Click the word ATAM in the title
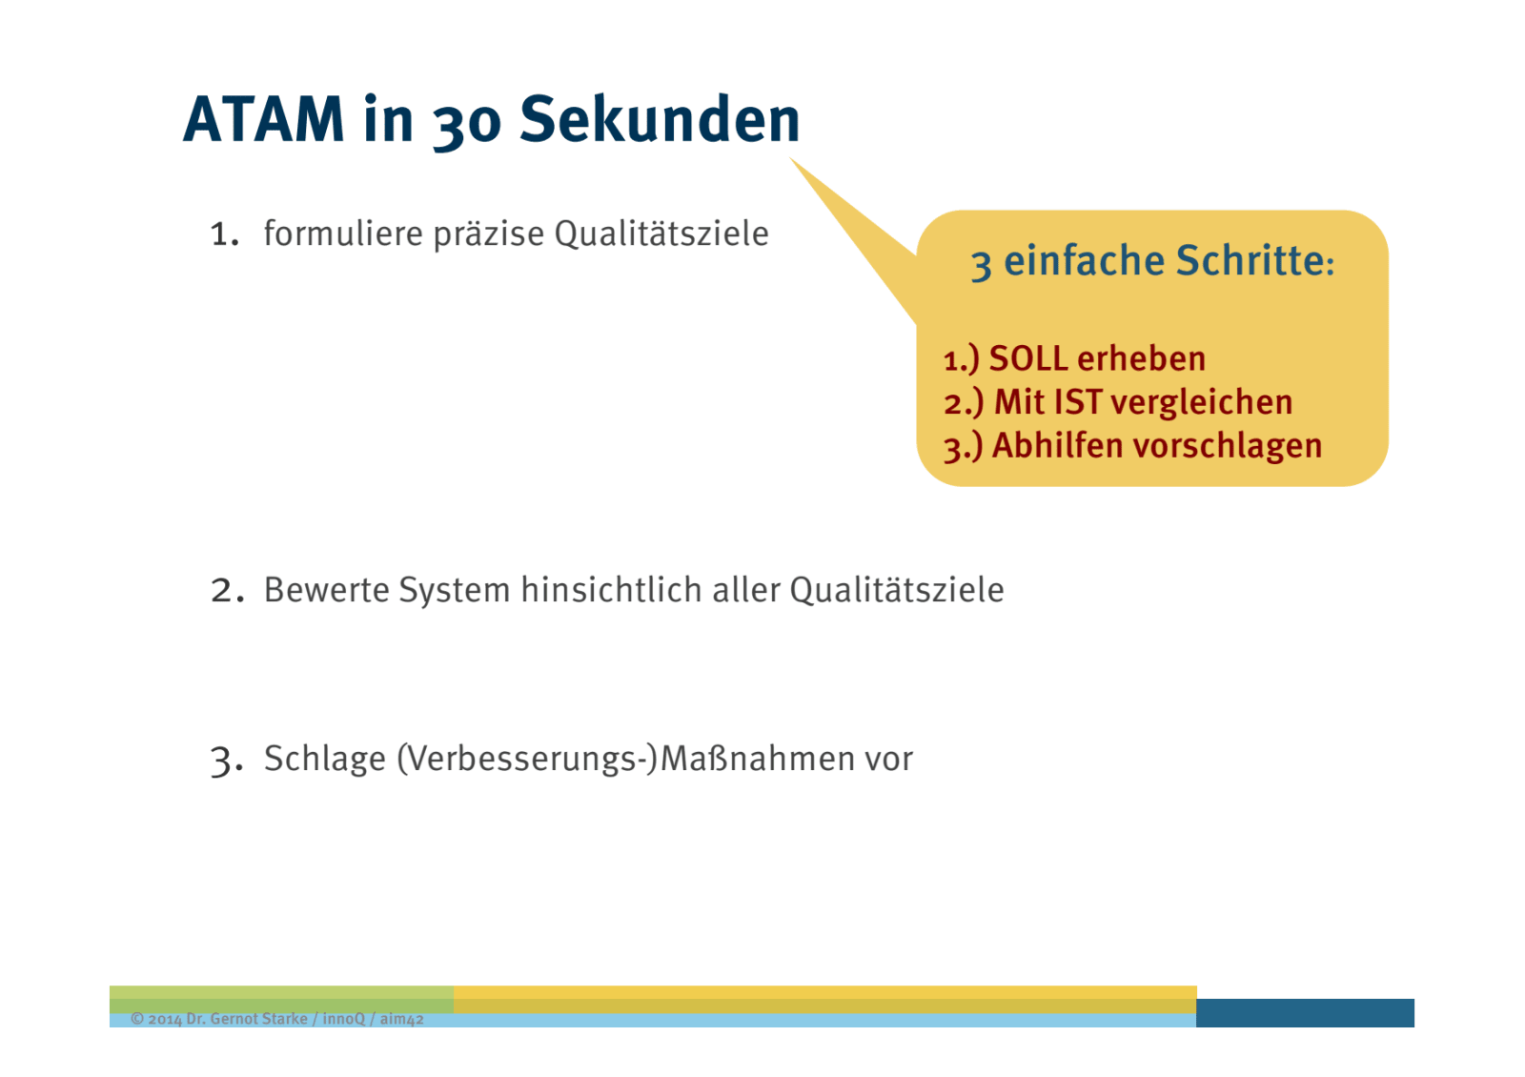(x=263, y=119)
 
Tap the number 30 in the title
(x=467, y=124)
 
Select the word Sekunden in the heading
(x=660, y=119)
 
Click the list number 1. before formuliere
(x=225, y=234)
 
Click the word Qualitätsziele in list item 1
(x=661, y=234)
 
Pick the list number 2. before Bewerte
(x=227, y=590)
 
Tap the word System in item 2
(x=454, y=590)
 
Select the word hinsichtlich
(x=611, y=590)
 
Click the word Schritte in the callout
(x=1254, y=260)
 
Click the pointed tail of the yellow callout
(x=790, y=158)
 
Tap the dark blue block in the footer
(x=1305, y=1013)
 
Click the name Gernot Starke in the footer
(x=258, y=1019)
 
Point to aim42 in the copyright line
(x=401, y=1019)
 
